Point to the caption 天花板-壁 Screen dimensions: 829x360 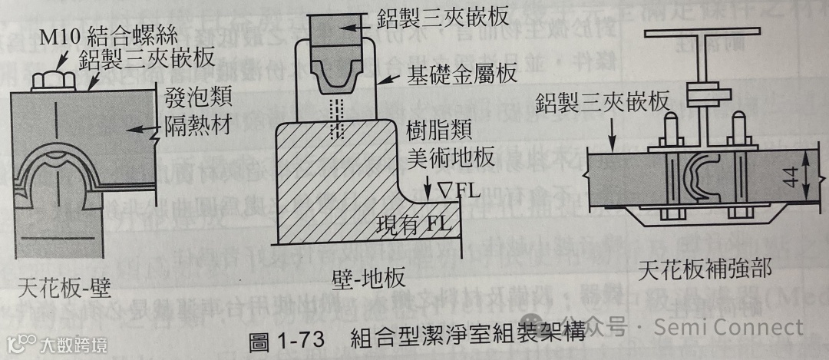(x=63, y=292)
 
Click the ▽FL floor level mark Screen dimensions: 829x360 (x=459, y=189)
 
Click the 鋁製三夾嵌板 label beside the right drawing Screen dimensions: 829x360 (x=603, y=102)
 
